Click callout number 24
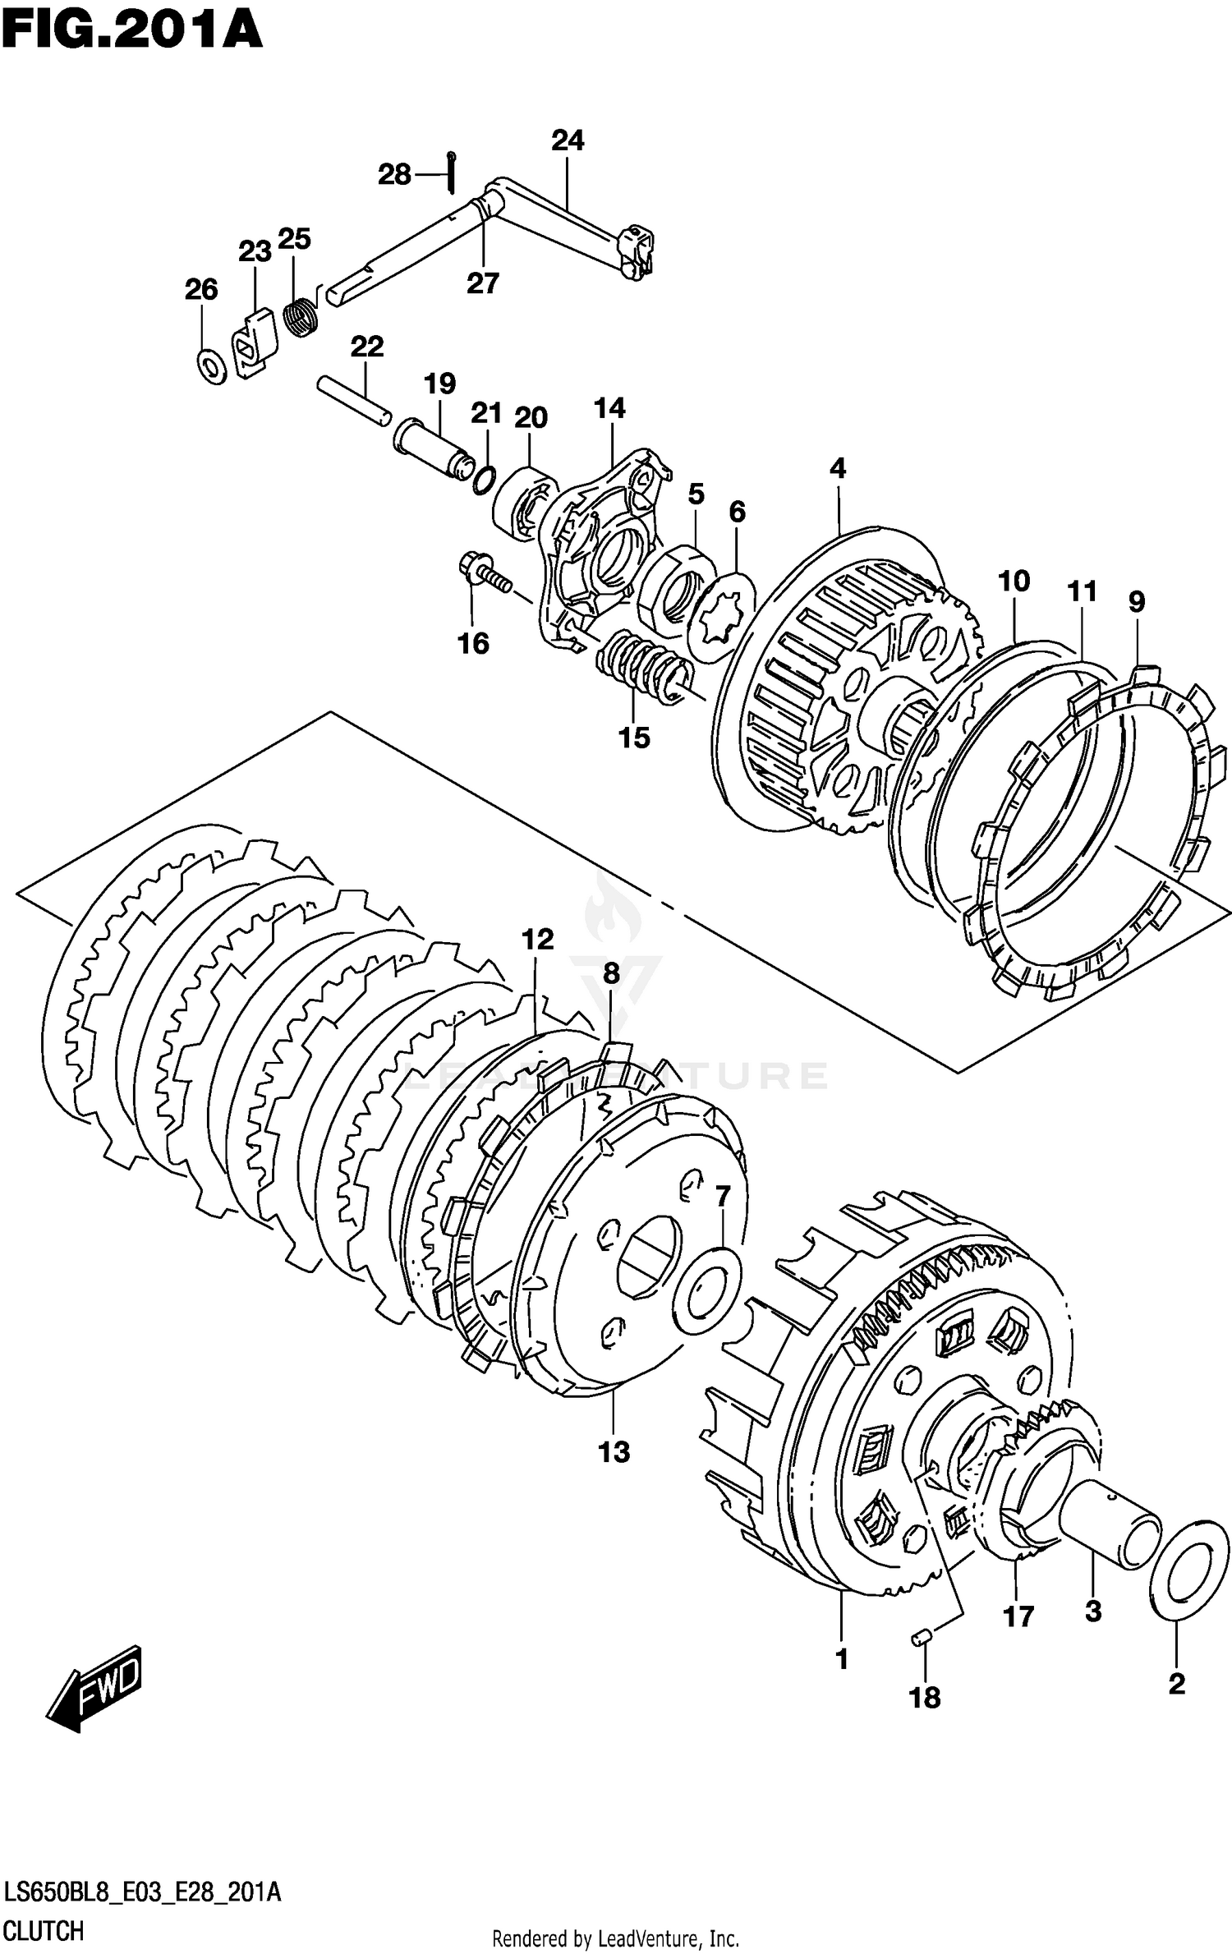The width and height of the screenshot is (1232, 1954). (x=568, y=140)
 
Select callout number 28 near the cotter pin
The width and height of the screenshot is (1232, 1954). (x=394, y=174)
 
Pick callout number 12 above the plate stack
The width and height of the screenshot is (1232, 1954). (x=538, y=938)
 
